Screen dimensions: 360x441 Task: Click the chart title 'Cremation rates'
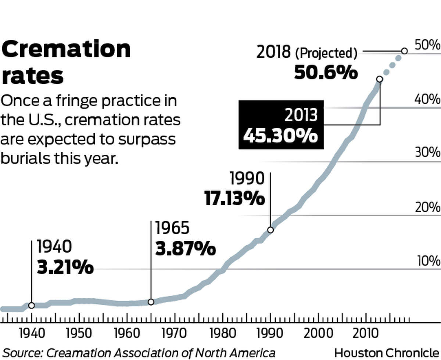click(66, 63)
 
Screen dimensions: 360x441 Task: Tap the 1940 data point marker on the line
click(32, 305)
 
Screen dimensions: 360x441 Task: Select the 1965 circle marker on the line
click(151, 302)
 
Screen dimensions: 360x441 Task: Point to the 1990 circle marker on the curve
click(270, 230)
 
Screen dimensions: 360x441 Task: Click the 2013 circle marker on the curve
click(380, 79)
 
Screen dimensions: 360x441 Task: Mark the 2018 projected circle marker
click(404, 51)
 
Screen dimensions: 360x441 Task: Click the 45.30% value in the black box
click(280, 136)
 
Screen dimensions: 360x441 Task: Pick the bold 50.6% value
click(326, 72)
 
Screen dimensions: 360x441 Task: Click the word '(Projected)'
click(326, 54)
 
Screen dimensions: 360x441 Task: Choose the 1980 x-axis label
click(222, 334)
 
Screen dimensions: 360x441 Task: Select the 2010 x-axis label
click(366, 334)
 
